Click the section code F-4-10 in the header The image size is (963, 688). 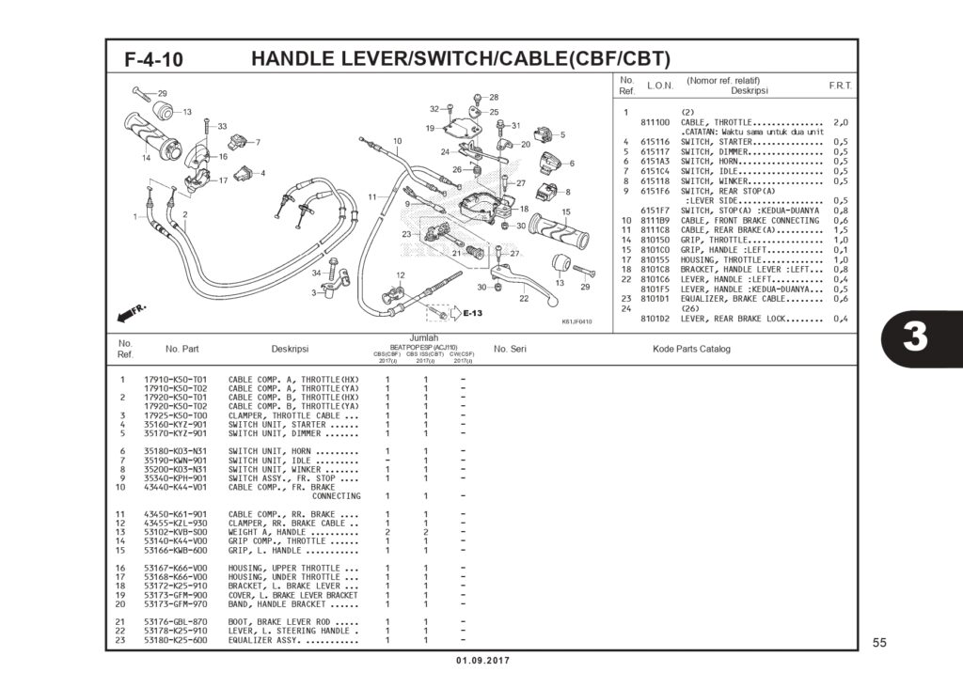point(153,59)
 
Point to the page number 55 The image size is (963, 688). point(879,643)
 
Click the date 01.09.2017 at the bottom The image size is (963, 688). point(482,661)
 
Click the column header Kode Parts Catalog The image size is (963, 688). point(691,350)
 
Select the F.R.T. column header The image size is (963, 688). point(840,86)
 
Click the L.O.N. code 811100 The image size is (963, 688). point(655,122)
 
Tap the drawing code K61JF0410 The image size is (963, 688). point(576,321)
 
